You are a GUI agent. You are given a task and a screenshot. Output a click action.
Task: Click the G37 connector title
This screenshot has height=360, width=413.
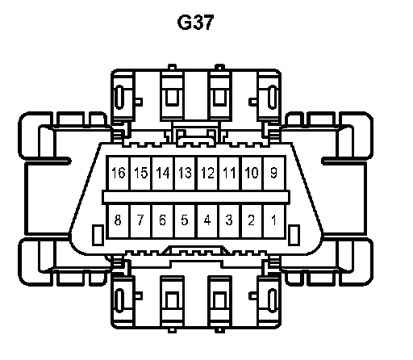(x=195, y=23)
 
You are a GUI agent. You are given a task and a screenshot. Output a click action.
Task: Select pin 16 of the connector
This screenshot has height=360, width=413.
(x=119, y=173)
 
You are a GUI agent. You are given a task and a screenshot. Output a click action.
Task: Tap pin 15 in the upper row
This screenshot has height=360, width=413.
(x=141, y=173)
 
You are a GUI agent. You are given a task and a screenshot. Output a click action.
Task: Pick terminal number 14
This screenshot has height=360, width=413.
(x=163, y=173)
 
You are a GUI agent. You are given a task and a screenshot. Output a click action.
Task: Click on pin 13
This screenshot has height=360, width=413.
(x=186, y=173)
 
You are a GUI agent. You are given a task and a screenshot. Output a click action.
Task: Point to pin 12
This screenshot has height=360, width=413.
(x=208, y=173)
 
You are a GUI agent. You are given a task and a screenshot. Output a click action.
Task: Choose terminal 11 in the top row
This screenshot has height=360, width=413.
(x=230, y=173)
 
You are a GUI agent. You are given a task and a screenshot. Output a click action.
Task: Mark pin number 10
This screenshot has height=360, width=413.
(x=252, y=173)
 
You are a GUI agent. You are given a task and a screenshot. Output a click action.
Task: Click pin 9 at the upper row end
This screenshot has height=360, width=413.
(x=274, y=173)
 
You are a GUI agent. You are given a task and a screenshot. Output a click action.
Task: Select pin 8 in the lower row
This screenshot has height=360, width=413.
(x=119, y=221)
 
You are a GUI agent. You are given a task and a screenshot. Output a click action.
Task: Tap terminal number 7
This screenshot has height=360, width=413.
(x=141, y=221)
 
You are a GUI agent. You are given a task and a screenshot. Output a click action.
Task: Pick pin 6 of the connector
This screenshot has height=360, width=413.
(x=163, y=221)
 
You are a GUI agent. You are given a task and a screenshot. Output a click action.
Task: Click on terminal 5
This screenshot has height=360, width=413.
(x=186, y=221)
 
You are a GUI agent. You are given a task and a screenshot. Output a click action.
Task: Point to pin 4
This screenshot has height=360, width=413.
(x=208, y=221)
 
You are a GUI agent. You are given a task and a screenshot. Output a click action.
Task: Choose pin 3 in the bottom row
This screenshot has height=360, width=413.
(x=230, y=221)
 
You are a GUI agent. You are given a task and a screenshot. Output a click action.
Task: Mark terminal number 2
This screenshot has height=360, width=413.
(x=252, y=221)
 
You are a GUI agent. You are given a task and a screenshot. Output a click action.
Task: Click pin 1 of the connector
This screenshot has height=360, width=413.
(x=274, y=221)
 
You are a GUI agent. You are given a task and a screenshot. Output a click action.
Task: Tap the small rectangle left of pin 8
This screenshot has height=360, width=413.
(x=98, y=235)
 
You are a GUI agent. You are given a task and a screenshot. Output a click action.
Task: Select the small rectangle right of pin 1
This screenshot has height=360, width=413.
(x=294, y=235)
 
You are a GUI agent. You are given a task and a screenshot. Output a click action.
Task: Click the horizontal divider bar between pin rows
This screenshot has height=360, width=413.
(x=196, y=197)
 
